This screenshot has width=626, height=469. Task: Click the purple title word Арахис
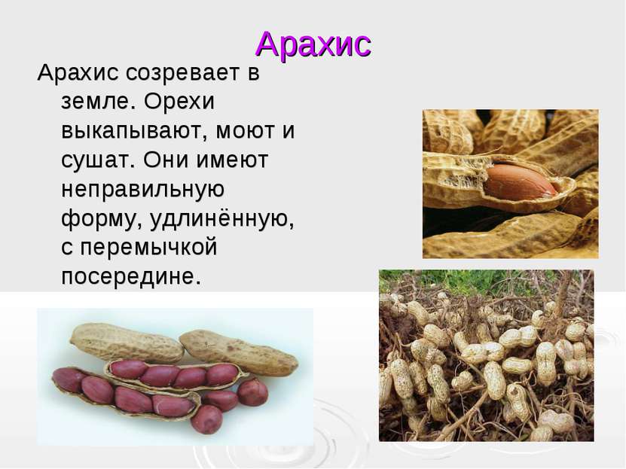point(313,44)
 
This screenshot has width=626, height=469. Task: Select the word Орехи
point(179,102)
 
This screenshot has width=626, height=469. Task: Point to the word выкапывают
point(132,131)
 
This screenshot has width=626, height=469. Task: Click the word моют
point(242,131)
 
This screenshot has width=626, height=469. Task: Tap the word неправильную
point(142,190)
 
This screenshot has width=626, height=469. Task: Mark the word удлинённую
point(222,218)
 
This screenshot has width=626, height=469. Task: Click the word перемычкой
point(149,247)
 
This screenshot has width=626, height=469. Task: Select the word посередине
point(131,276)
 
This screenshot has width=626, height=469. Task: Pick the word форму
point(102,218)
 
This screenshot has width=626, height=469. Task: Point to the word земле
point(96,102)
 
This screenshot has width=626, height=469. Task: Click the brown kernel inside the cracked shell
point(521,183)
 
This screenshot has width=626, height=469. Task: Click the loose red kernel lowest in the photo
point(206,419)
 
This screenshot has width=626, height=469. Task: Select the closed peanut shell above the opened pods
point(127,343)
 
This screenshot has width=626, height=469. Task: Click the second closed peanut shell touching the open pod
point(239,353)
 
